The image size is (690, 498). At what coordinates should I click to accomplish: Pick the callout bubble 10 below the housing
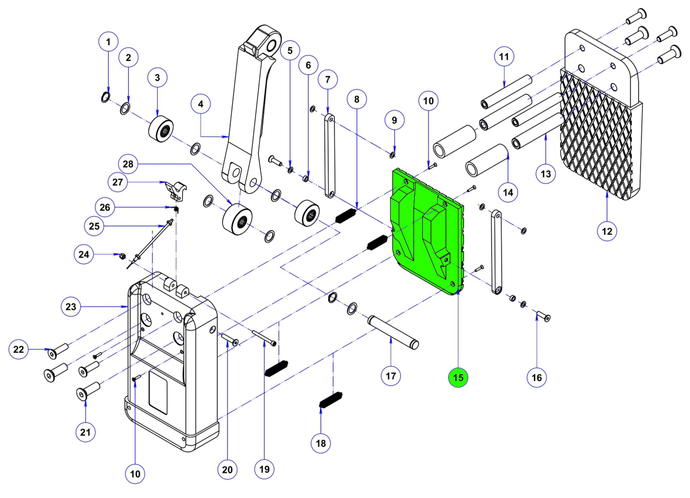135,474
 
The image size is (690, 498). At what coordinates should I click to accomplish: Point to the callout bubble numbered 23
71,307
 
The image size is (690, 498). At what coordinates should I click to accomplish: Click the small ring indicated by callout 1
104,97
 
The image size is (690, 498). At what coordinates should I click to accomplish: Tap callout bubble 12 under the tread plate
607,231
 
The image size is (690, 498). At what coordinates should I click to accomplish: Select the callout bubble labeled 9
394,121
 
